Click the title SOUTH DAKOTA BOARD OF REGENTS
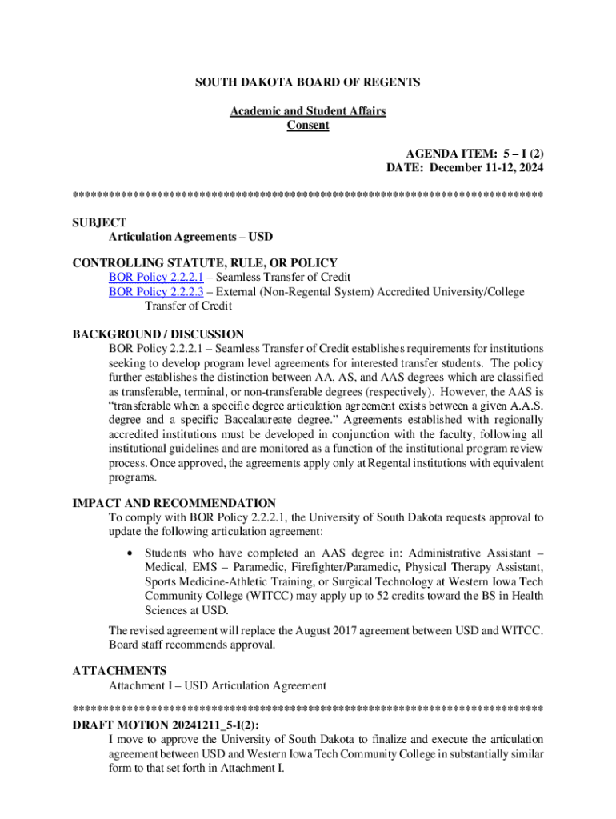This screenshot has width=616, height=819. [307, 82]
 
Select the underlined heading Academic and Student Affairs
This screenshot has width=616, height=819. [307, 111]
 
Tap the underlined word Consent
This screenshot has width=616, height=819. [308, 126]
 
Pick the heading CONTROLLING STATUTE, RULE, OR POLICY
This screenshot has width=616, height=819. [205, 262]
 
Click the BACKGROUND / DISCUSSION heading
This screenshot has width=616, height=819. [158, 334]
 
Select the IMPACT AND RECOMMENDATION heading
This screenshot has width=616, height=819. [174, 503]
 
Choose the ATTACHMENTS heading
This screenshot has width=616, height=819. [119, 670]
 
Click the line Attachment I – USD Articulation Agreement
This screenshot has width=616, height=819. [218, 685]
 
